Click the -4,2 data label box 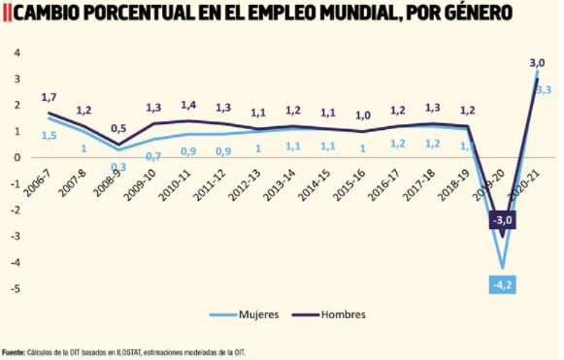[501, 284]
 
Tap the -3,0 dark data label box [501, 221]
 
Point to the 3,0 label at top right [537, 63]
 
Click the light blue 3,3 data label [544, 90]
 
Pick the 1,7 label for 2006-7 [50, 97]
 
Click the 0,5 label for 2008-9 [117, 128]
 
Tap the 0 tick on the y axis [17, 157]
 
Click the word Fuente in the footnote [14, 352]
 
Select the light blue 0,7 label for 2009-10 [153, 155]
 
